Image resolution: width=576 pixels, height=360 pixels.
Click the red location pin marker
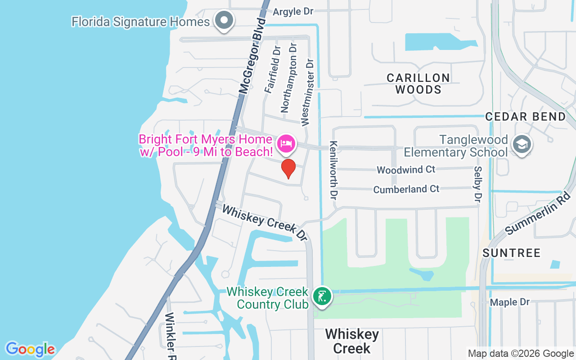pos(288,168)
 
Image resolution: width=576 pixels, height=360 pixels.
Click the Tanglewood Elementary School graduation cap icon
pos(522,144)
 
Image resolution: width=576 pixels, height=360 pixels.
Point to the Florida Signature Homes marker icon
pos(224,20)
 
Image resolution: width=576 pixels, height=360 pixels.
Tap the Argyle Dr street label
pos(293,11)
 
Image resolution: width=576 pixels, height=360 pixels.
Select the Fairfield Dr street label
pos(273,69)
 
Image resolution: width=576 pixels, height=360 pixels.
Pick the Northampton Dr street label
pos(289,78)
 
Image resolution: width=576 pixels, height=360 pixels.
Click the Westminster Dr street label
pos(306,92)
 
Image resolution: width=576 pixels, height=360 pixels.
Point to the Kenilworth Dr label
pos(333,170)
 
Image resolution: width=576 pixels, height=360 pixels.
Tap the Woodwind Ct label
pos(406,170)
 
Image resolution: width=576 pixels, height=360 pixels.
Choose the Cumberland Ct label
pos(406,189)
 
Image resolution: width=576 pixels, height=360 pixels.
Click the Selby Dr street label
pos(477,184)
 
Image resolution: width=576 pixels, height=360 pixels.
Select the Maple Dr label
pos(510,302)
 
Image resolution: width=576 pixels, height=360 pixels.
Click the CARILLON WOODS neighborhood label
pos(418,84)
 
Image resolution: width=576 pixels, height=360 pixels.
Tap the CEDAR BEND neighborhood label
pos(526,117)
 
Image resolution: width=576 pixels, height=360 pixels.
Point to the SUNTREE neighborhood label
pos(511,253)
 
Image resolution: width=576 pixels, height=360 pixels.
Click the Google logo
pos(30,349)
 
